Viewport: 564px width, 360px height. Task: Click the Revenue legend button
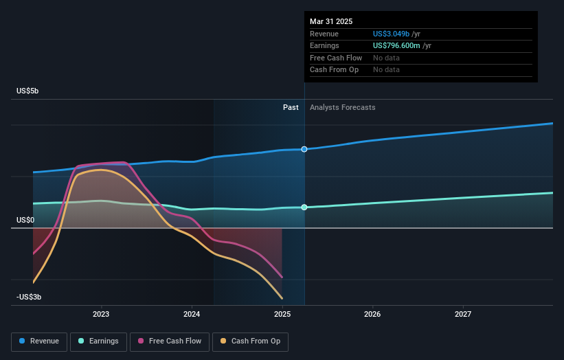(40, 341)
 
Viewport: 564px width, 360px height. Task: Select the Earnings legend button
(100, 341)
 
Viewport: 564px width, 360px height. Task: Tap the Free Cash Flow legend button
(170, 341)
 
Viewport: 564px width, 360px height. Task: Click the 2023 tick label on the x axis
(101, 315)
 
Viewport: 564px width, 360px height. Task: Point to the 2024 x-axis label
(192, 315)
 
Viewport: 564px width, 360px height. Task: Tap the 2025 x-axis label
(282, 315)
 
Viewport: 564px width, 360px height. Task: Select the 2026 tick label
(372, 315)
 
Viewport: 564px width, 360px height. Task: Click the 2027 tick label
(463, 315)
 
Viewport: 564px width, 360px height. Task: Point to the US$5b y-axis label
(28, 91)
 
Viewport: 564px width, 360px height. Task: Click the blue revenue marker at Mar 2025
(304, 149)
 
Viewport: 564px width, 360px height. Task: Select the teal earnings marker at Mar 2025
(304, 207)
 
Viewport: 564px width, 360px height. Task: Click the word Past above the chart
(291, 107)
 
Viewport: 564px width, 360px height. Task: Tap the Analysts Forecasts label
(343, 107)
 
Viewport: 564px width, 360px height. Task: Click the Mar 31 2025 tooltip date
(331, 21)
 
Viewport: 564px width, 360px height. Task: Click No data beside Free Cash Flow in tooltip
(386, 58)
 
